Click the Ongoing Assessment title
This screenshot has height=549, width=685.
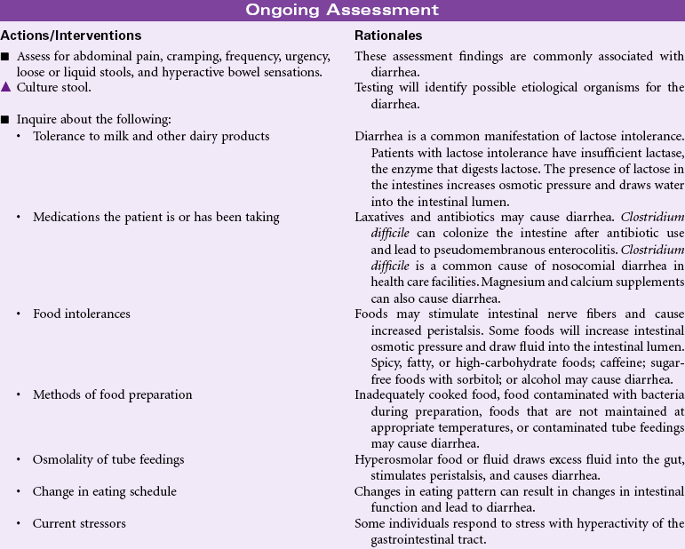click(342, 10)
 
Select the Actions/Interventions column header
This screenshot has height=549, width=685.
click(71, 36)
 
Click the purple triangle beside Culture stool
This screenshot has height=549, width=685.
click(5, 87)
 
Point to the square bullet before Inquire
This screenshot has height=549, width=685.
click(5, 119)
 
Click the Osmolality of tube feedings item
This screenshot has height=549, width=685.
click(109, 458)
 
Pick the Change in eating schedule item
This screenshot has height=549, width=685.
click(105, 491)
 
